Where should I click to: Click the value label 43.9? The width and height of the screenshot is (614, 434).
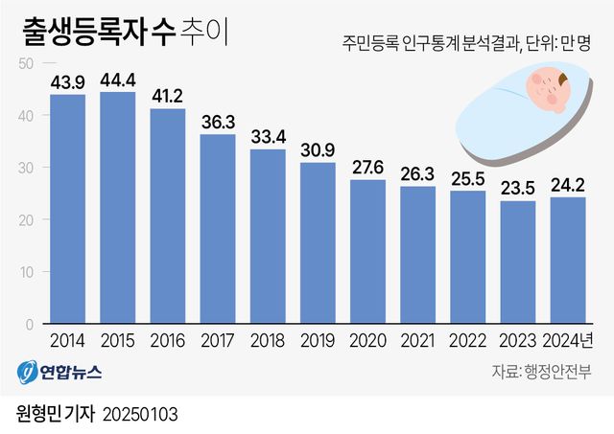coord(68,83)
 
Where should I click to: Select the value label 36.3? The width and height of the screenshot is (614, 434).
coord(218,123)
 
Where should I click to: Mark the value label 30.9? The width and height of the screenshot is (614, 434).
coord(318,151)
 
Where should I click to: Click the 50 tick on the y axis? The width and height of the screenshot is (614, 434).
coord(26,63)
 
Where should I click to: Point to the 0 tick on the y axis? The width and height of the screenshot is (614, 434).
coord(30,324)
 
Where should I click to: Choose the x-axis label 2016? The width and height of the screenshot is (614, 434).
coord(167,340)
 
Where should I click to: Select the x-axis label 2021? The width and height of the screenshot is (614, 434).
coord(417,340)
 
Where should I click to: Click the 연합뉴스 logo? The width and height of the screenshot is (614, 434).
coord(59,372)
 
